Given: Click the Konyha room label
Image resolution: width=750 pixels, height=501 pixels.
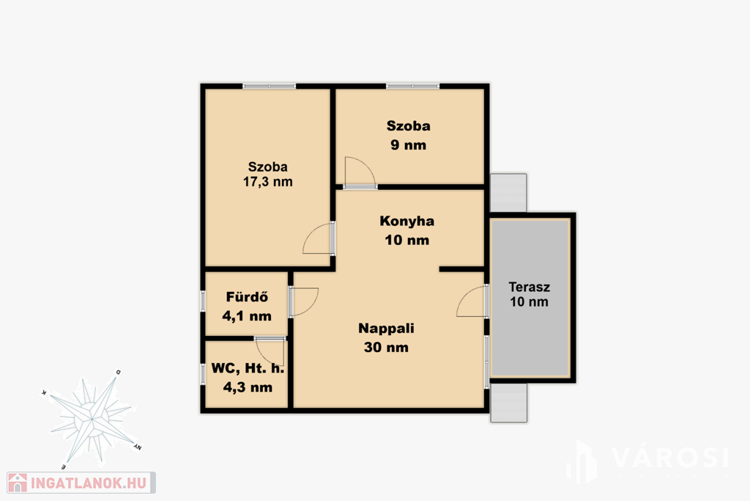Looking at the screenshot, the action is coord(407,222).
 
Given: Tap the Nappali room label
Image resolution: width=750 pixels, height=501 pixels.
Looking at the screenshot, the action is coord(386,329).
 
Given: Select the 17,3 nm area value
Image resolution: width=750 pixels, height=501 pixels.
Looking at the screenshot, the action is coord(268,182).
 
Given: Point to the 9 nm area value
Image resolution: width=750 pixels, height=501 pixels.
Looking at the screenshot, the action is coord(408,145).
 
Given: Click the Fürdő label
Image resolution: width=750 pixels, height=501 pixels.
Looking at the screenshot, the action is coord(247,297).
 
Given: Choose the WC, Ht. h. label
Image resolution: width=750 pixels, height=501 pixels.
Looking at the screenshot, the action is coord(248,368).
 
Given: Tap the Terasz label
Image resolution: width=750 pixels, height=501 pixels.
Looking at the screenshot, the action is coord(529,288).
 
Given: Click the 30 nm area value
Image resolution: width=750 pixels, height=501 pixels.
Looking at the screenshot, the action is coord(386,347).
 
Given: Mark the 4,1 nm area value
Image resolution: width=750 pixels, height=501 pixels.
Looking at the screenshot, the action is coord(247,316).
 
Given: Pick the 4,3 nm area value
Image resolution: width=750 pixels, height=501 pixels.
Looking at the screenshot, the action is coord(248,387).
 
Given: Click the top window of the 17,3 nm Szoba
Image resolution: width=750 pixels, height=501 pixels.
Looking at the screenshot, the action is coord(270,87).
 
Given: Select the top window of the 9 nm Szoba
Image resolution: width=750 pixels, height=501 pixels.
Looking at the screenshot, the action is coord(412,87).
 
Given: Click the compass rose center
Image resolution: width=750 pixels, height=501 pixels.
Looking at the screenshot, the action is coord(92,420).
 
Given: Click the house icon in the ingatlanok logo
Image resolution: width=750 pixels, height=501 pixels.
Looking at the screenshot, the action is coord(18,483).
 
